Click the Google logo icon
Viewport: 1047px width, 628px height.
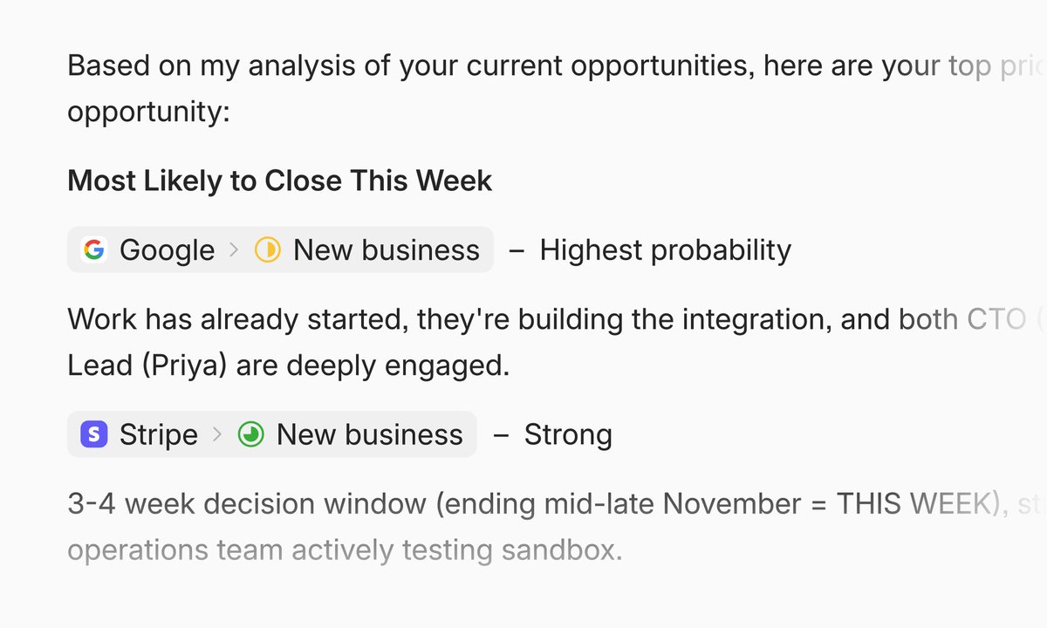[93, 250]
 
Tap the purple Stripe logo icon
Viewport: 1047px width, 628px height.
[93, 434]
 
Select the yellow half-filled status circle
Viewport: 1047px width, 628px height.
[267, 250]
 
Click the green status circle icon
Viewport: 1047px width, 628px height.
[250, 434]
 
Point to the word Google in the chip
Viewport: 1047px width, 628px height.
[167, 250]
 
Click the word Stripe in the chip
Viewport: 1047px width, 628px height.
[158, 434]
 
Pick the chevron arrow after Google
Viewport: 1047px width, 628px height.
[233, 250]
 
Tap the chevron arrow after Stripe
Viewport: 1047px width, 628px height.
[217, 434]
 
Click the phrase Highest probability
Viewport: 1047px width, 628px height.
[665, 250]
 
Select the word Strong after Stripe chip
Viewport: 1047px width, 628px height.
[567, 434]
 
